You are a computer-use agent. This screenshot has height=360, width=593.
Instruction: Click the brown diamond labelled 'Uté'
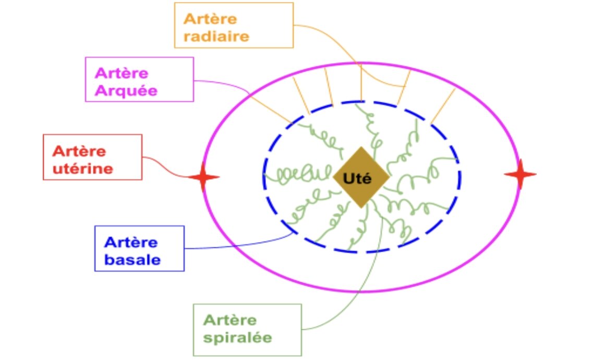[361, 177]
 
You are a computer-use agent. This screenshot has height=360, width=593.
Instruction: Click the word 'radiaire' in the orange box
[216, 37]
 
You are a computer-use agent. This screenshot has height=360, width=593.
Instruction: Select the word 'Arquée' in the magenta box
[126, 90]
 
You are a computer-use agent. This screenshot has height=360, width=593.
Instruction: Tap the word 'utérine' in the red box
[82, 169]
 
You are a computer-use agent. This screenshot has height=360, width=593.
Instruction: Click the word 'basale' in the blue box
[132, 259]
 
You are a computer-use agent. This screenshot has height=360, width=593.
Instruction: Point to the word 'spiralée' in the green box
[237, 337]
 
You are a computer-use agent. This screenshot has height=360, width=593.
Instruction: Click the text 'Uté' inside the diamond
[357, 178]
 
